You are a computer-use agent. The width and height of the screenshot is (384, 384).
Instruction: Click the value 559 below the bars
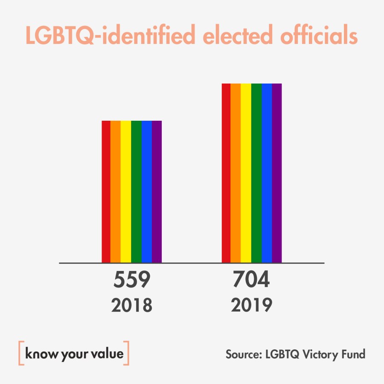[x=132, y=281]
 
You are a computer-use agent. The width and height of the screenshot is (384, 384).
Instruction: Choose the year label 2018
[x=132, y=306]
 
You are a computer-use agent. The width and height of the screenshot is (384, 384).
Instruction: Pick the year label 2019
[x=251, y=305]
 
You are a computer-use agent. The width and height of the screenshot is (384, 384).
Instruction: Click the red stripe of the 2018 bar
[x=106, y=192]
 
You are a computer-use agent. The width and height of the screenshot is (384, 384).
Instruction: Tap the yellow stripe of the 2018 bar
[x=126, y=192]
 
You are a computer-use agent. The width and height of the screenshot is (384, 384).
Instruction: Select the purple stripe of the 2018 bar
[x=157, y=192]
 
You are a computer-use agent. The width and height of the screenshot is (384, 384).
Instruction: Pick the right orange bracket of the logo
[x=127, y=353]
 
